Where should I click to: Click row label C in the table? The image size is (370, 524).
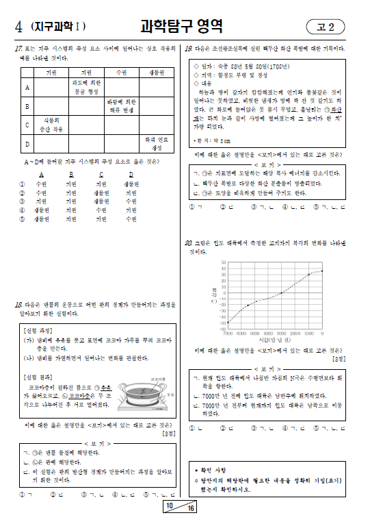tap(27, 125)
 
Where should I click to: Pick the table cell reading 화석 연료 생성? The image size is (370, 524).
tap(155, 145)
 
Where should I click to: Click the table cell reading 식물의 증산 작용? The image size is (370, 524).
tap(51, 125)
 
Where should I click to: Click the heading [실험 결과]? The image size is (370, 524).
tap(39, 377)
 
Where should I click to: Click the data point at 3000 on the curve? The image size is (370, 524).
tap(281, 292)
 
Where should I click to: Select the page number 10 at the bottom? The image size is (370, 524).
tap(169, 506)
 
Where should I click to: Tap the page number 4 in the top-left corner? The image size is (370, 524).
tap(17, 27)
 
